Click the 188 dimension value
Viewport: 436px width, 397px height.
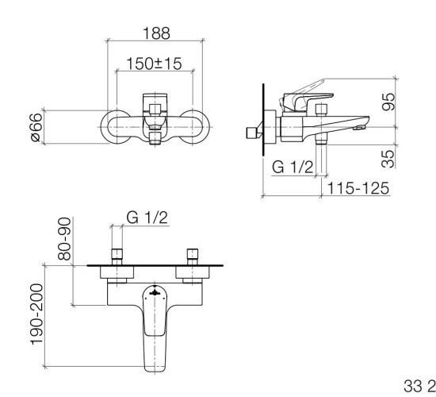tap(156, 34)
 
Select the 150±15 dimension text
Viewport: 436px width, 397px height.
tap(156, 64)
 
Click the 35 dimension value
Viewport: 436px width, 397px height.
tap(388, 156)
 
